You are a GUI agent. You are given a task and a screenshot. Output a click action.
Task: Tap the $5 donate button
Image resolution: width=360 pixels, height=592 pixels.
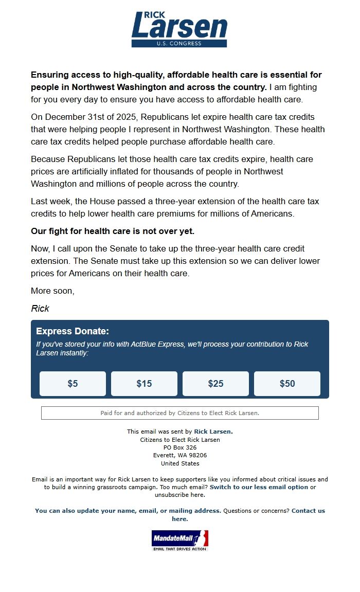pos(73,384)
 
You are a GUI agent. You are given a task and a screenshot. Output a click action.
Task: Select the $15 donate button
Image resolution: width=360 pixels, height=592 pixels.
pos(144,384)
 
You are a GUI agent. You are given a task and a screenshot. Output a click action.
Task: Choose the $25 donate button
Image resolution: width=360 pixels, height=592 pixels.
pos(215,384)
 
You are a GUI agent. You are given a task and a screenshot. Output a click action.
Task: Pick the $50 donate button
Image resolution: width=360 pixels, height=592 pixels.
pos(287,384)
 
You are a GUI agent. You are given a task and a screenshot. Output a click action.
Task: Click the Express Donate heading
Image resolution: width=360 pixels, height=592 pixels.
pos(73,331)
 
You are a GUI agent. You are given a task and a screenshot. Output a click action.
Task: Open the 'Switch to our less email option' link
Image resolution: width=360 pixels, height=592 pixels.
pos(259,487)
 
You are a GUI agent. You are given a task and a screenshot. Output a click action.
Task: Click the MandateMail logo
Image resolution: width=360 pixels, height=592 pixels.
pos(179,540)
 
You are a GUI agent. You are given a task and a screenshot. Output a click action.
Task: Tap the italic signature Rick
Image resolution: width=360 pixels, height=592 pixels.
pos(40,309)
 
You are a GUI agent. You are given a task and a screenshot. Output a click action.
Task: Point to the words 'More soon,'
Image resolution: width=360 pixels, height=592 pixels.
pos(52,291)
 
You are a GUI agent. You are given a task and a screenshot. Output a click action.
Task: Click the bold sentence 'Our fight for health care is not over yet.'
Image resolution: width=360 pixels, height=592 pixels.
pos(113,231)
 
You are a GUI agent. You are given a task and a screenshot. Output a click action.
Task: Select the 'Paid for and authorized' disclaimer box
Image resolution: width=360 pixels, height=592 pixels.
pos(179,413)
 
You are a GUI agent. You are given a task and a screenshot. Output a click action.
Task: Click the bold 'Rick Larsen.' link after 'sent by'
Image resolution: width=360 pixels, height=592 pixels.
pos(213,432)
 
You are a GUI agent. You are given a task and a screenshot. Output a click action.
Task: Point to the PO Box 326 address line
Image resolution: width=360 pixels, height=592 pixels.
pos(179,447)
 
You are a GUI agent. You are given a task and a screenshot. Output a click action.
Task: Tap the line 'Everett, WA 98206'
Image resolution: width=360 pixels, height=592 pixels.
pos(179,455)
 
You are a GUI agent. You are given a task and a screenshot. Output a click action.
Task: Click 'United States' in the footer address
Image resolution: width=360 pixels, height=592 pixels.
pos(179,463)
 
